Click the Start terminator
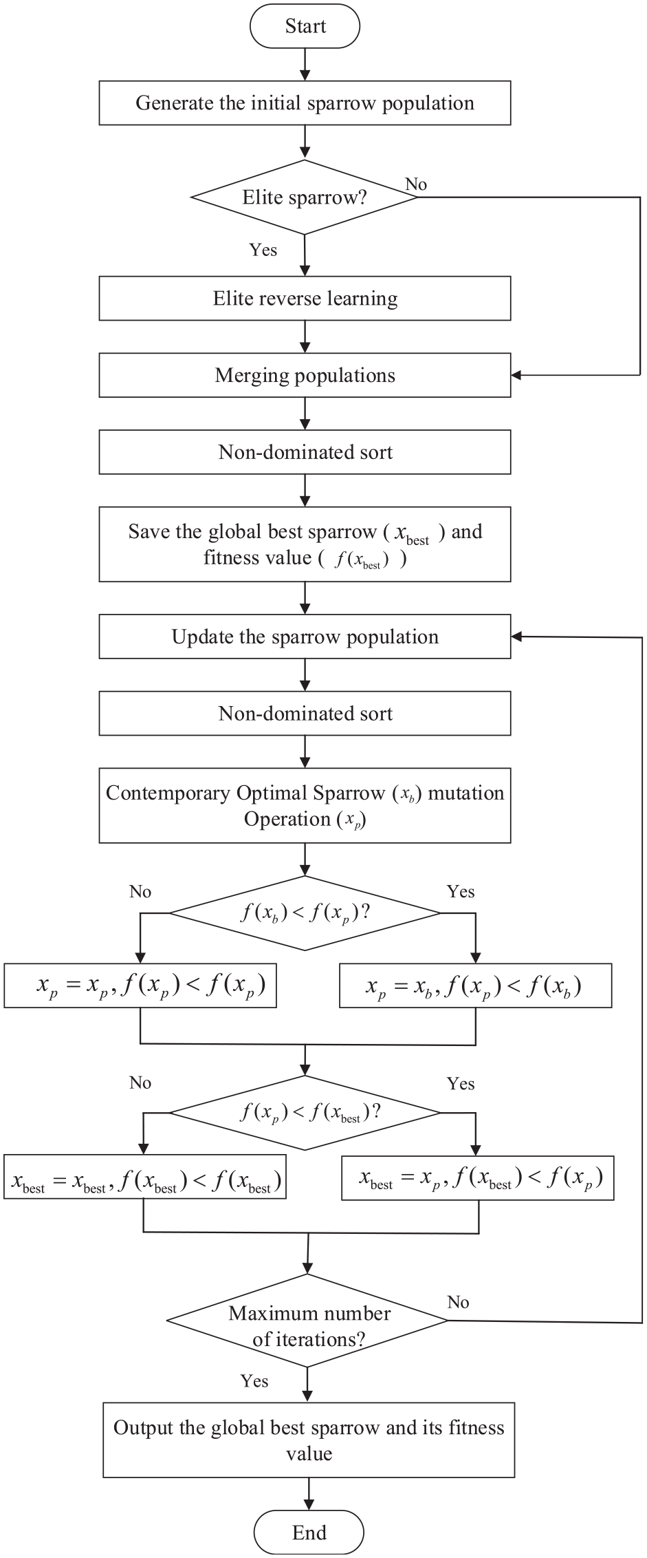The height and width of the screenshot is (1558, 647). point(305,27)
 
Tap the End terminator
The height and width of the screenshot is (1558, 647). point(309,1532)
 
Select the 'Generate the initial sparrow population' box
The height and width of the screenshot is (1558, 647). point(305,103)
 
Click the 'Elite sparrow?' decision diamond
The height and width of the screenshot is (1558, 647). point(305,198)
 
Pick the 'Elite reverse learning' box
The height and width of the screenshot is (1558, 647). point(305,299)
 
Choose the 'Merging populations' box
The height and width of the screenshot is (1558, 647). point(305,375)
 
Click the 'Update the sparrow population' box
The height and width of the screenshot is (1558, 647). point(305,637)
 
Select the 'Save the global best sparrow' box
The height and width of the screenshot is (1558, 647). point(305,544)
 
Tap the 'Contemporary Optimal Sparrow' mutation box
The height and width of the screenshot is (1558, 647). point(305,806)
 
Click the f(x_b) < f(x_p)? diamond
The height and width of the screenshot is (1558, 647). point(305,913)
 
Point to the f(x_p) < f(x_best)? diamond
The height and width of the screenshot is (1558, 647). point(305,1112)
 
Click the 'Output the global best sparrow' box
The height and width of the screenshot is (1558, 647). point(309,1440)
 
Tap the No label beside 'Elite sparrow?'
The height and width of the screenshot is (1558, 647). point(416,184)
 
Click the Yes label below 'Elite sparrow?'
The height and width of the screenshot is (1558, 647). point(263,250)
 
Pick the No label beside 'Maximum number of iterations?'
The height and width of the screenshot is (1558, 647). point(458,1302)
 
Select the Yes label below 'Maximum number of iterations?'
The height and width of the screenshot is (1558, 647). point(254,1381)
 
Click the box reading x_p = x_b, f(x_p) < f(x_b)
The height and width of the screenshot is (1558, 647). point(476,986)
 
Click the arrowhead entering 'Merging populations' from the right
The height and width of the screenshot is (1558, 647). point(516,375)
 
